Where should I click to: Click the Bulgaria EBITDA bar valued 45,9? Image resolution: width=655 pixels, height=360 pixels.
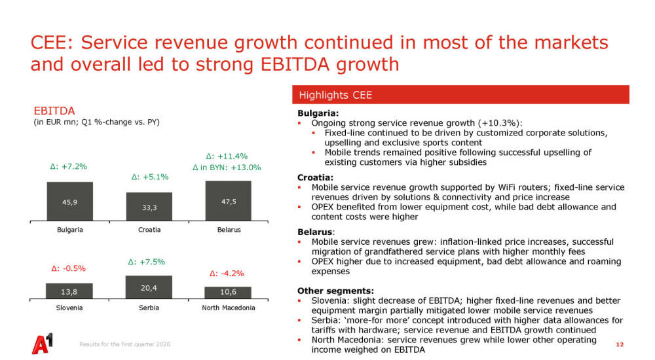point(69,202)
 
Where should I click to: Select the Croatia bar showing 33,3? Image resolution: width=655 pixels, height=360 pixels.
point(149,207)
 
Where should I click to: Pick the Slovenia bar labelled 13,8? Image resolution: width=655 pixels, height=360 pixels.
point(69,290)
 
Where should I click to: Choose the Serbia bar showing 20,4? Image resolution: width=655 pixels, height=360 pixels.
point(149,287)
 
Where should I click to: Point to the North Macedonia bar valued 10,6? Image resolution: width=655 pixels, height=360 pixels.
point(228,292)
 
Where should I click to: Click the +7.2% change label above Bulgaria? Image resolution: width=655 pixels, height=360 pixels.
point(68,167)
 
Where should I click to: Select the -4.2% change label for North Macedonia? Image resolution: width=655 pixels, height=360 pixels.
point(227,274)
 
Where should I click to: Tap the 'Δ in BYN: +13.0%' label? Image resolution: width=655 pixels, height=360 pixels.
point(227,168)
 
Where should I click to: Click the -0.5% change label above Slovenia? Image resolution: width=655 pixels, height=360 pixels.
point(68,268)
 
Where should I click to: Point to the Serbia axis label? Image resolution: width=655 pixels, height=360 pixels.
point(149,308)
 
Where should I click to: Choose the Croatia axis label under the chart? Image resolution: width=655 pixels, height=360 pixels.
point(149,230)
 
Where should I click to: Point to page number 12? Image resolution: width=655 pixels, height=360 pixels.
point(620,344)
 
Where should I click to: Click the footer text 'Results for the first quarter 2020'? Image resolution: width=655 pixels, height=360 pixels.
point(124,345)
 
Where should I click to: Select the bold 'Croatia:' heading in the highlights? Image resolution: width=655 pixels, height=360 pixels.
point(314,177)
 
